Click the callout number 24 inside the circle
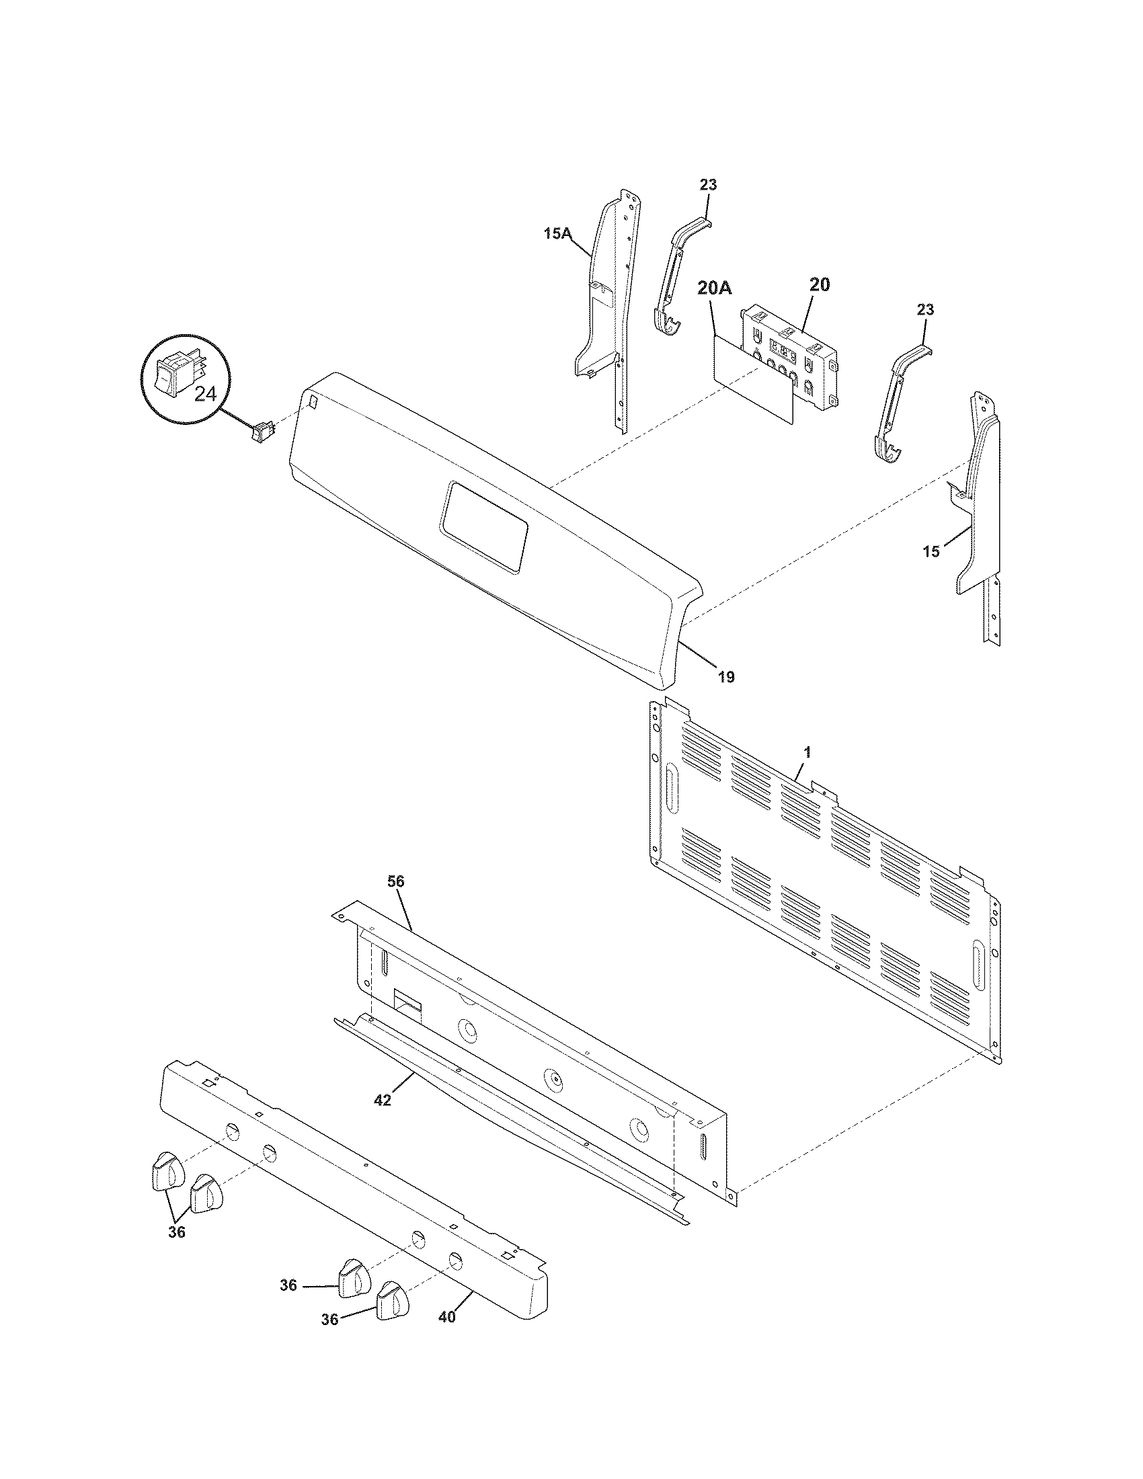(204, 394)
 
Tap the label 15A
(557, 235)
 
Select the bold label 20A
(714, 288)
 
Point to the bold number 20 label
(819, 285)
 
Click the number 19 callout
(725, 676)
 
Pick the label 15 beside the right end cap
(931, 552)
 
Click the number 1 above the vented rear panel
(807, 752)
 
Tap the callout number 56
(396, 882)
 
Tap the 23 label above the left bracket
(708, 185)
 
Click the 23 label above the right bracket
(926, 309)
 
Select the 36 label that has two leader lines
(176, 1232)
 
